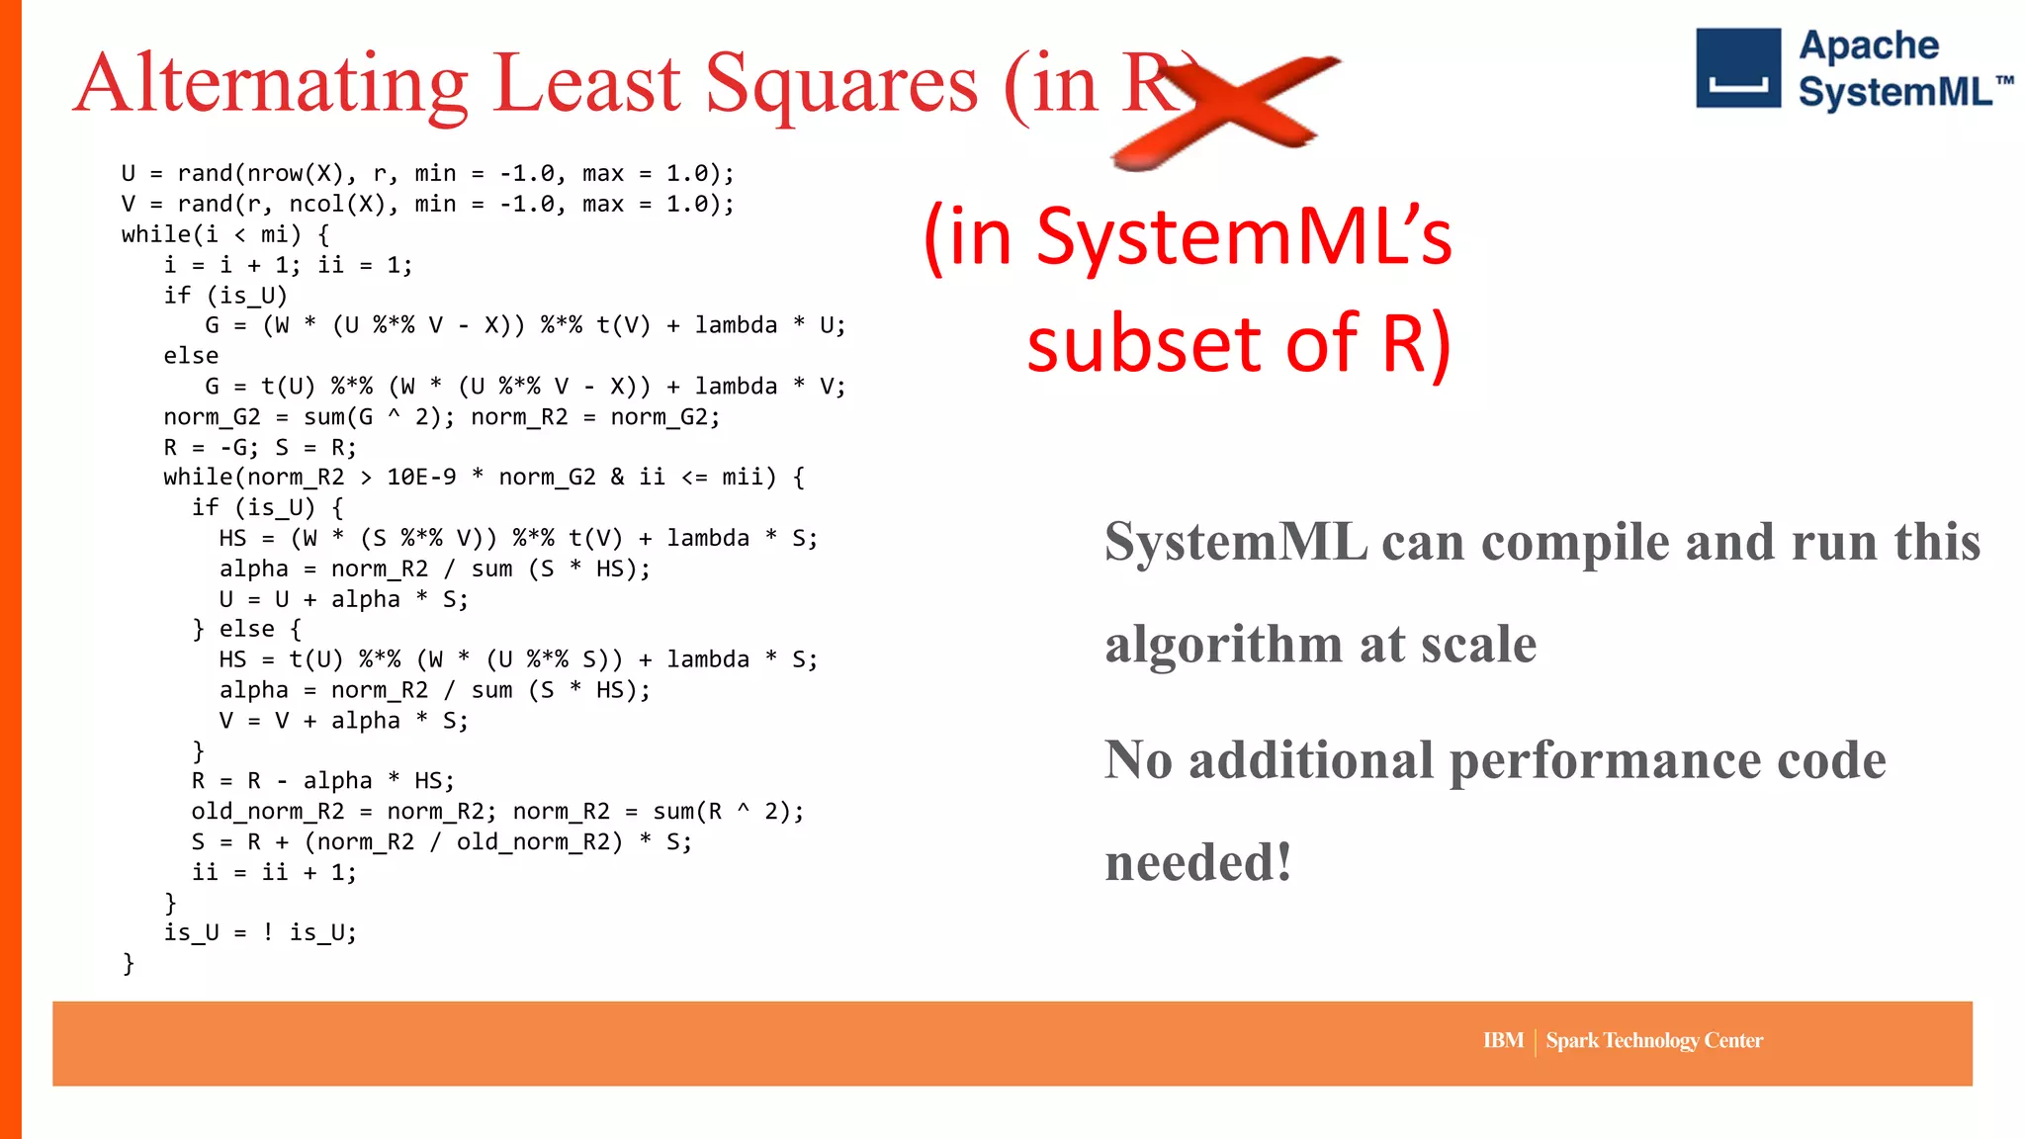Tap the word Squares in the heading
click(840, 85)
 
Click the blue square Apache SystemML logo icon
click(1737, 68)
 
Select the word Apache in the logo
click(1868, 45)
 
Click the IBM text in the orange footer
click(1502, 1040)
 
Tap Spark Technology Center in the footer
click(1653, 1040)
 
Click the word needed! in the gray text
click(1197, 861)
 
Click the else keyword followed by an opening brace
click(246, 629)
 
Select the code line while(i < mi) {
click(225, 234)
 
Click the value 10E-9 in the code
click(421, 478)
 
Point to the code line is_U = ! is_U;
click(260, 932)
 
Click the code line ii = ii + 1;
click(274, 872)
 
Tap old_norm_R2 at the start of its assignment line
click(267, 812)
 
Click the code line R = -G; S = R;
click(260, 447)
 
